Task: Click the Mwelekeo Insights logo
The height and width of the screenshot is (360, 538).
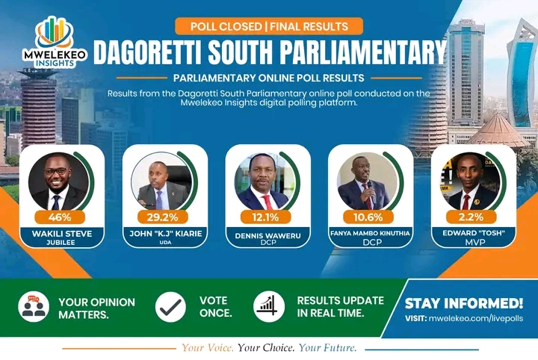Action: point(55,42)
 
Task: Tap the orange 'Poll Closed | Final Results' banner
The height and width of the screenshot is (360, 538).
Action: point(269,26)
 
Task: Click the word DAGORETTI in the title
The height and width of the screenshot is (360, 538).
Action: point(147,52)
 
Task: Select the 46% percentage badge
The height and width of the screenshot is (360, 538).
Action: point(60,217)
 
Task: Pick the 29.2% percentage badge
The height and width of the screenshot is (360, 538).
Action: point(163,217)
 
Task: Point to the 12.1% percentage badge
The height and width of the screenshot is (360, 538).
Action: point(265,217)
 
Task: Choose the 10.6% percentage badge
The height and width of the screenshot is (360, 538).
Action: point(368,217)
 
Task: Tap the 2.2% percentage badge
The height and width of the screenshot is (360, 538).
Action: point(471,217)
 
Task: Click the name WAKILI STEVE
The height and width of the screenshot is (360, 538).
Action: point(62,234)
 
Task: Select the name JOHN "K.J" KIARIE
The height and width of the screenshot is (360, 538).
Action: point(165,234)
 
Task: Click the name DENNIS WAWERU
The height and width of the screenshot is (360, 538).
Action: point(268,235)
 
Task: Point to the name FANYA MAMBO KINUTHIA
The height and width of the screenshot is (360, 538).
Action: point(370,233)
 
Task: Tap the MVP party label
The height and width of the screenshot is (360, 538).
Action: point(475,243)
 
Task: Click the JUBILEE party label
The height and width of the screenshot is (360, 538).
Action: point(61,243)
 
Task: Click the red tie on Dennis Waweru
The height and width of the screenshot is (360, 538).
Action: point(267,202)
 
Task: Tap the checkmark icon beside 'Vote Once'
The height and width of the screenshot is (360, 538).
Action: point(170,306)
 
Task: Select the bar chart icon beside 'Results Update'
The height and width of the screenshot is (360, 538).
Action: point(269,306)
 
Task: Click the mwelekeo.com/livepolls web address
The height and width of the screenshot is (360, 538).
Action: point(476,318)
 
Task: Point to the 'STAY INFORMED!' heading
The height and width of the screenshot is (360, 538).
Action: point(464,303)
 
